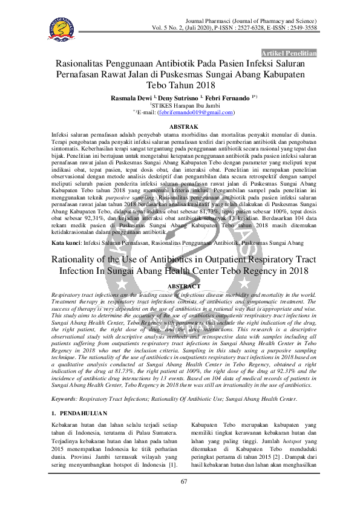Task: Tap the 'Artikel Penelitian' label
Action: point(289,53)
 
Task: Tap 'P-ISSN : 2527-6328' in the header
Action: point(233,28)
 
